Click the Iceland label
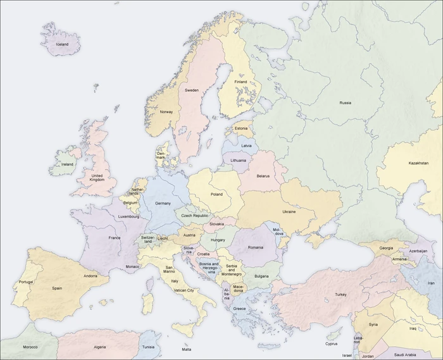click(62, 45)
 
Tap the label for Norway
click(166, 112)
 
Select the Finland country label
click(241, 82)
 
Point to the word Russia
click(345, 102)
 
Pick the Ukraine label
click(289, 211)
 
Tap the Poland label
click(216, 194)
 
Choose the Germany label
click(163, 203)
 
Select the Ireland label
click(67, 164)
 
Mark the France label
click(115, 238)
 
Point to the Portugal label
click(26, 282)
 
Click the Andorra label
click(90, 276)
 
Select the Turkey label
click(341, 295)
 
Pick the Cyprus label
click(332, 344)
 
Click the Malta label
click(187, 349)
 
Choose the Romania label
click(256, 247)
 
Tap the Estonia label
click(241, 129)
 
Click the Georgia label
click(386, 248)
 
